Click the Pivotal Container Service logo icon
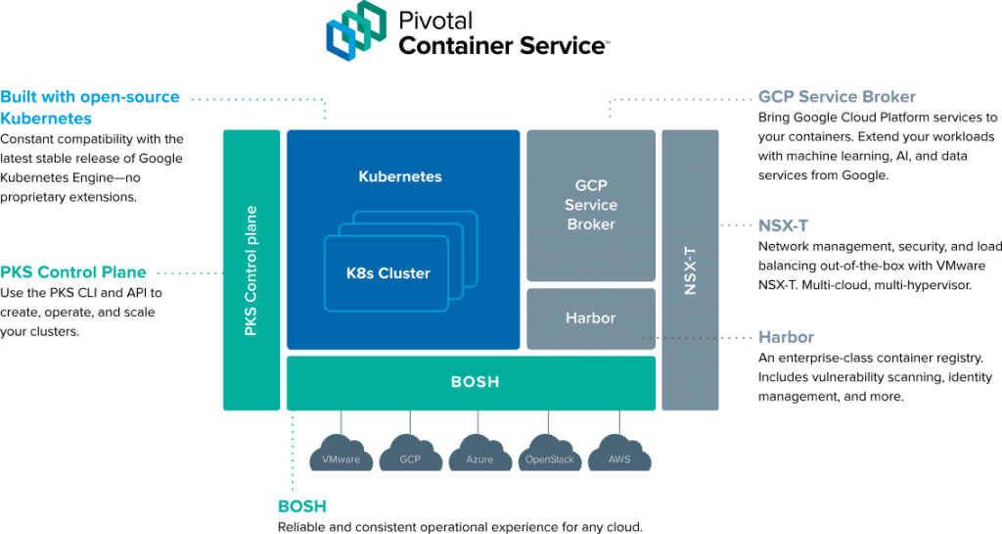click(x=356, y=30)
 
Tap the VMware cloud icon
click(x=341, y=453)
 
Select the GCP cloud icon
click(x=410, y=453)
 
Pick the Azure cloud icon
click(x=479, y=453)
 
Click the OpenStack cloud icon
click(x=550, y=453)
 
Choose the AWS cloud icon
click(x=619, y=453)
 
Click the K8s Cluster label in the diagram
click(x=387, y=273)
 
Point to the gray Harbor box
click(x=591, y=318)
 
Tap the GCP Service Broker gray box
click(x=591, y=206)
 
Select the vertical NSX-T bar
click(x=690, y=269)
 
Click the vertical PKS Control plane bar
click(x=251, y=269)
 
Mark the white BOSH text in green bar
click(x=475, y=382)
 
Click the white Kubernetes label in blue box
click(x=400, y=176)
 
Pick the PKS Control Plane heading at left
click(x=73, y=271)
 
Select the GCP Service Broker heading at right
click(x=838, y=97)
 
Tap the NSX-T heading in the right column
click(x=784, y=225)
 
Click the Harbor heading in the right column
click(x=786, y=337)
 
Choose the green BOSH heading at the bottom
click(x=302, y=507)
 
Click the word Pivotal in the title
click(x=435, y=21)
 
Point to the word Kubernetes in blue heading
click(x=46, y=119)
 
